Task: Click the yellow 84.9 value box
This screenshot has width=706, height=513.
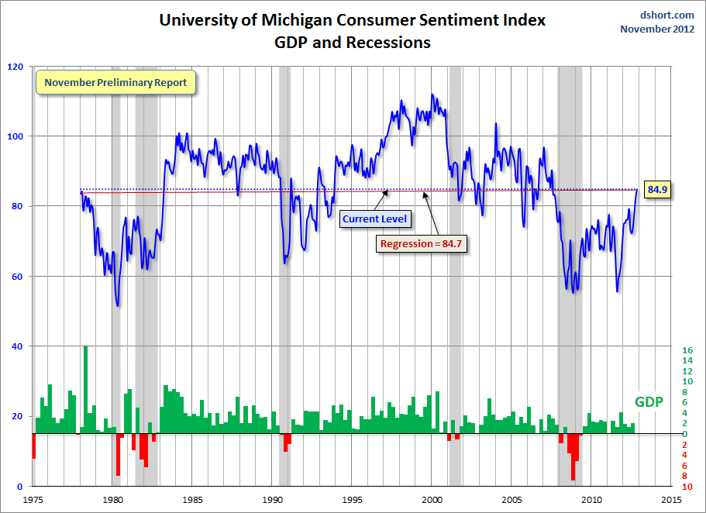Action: coord(657,189)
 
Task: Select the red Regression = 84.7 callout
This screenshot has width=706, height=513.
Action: coord(425,243)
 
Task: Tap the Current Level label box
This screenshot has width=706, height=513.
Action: coord(372,219)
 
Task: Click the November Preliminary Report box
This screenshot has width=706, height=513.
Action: coord(115,81)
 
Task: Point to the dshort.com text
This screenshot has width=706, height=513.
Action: coord(668,15)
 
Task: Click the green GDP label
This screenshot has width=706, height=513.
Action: coord(648,402)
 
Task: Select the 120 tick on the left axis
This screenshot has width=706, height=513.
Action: coord(15,67)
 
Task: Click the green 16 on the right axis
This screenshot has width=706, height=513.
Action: coord(687,350)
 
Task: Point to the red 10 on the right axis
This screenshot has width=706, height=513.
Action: coord(687,487)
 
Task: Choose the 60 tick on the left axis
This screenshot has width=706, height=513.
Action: coord(18,277)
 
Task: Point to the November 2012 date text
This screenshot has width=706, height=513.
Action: coord(657,29)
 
